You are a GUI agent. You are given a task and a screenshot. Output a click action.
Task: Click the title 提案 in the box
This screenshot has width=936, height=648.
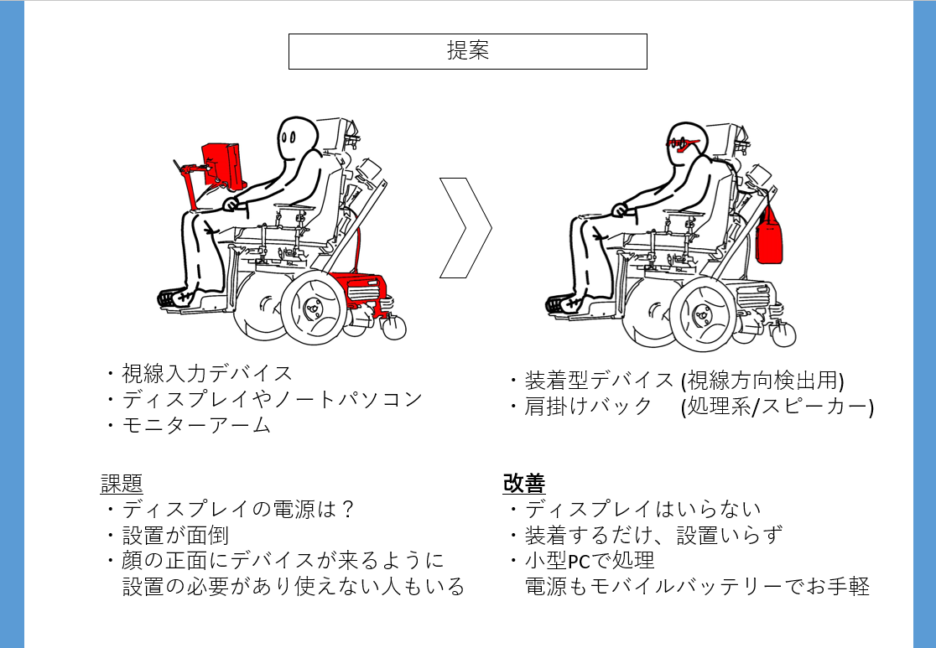coord(468,51)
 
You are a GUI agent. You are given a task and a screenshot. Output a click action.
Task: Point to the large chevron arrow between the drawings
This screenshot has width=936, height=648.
coord(465,228)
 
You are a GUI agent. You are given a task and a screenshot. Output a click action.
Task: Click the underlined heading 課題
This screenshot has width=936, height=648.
coord(121,484)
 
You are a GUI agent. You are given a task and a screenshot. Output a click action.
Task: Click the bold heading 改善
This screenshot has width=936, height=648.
coord(523,483)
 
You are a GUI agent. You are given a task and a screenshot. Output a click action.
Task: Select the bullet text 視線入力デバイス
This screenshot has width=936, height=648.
coord(207,374)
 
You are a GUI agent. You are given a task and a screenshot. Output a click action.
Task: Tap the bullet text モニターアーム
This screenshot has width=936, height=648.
coord(196,426)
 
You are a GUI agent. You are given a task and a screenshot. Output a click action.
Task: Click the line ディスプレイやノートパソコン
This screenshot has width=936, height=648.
coord(273,399)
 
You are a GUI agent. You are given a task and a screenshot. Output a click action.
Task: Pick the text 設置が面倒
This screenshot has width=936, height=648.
coord(175,535)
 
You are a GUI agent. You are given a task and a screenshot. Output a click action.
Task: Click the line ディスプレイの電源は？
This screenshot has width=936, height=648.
coord(239,510)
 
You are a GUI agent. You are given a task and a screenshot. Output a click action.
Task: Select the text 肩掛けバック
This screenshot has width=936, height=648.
coord(588,407)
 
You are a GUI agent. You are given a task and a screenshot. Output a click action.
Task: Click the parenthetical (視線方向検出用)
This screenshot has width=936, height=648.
coord(762,380)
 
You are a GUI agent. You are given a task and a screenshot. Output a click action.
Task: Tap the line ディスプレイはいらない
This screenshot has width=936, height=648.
coord(643,509)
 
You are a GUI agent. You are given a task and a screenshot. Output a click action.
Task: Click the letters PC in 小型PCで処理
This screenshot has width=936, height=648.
coord(579,562)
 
